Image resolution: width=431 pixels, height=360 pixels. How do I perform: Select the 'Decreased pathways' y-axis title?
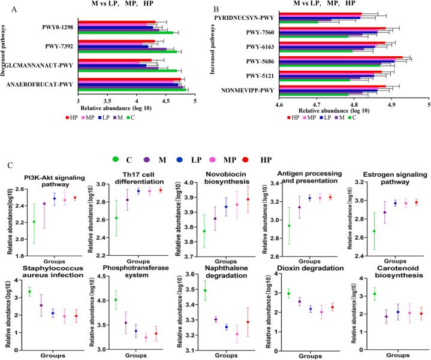click(x=5, y=59)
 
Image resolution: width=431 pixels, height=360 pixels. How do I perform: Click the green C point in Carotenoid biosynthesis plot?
click(x=358, y=294)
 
